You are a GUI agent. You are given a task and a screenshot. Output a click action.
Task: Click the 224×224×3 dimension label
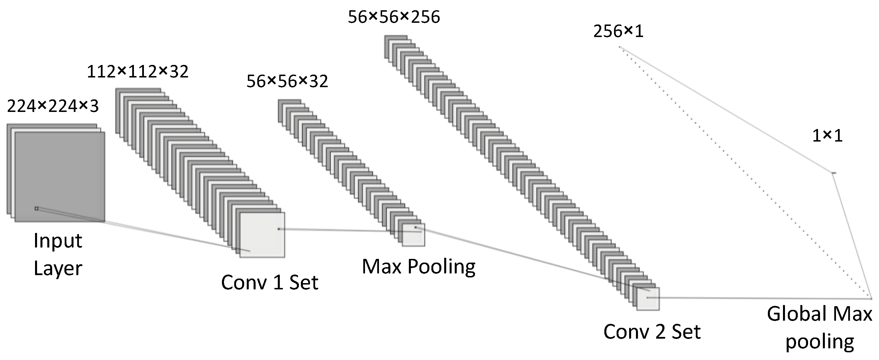click(x=53, y=106)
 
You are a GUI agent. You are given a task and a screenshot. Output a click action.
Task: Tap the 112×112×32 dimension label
click(x=138, y=72)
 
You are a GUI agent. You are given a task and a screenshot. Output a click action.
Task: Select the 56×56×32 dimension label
click(x=287, y=81)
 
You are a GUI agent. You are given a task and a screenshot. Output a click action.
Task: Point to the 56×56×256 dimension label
click(x=394, y=17)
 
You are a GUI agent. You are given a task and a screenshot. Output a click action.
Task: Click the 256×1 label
click(x=618, y=32)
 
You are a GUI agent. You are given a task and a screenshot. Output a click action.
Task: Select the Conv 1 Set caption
click(x=270, y=283)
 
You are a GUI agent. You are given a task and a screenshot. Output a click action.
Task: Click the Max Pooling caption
click(x=418, y=267)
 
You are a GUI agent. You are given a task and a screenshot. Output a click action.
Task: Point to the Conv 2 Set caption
click(x=652, y=331)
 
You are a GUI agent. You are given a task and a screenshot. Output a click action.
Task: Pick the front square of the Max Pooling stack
click(x=413, y=236)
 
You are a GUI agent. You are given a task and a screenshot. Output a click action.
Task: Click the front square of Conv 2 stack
click(x=648, y=299)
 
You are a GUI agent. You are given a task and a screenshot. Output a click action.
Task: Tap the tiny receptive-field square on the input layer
click(x=36, y=208)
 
